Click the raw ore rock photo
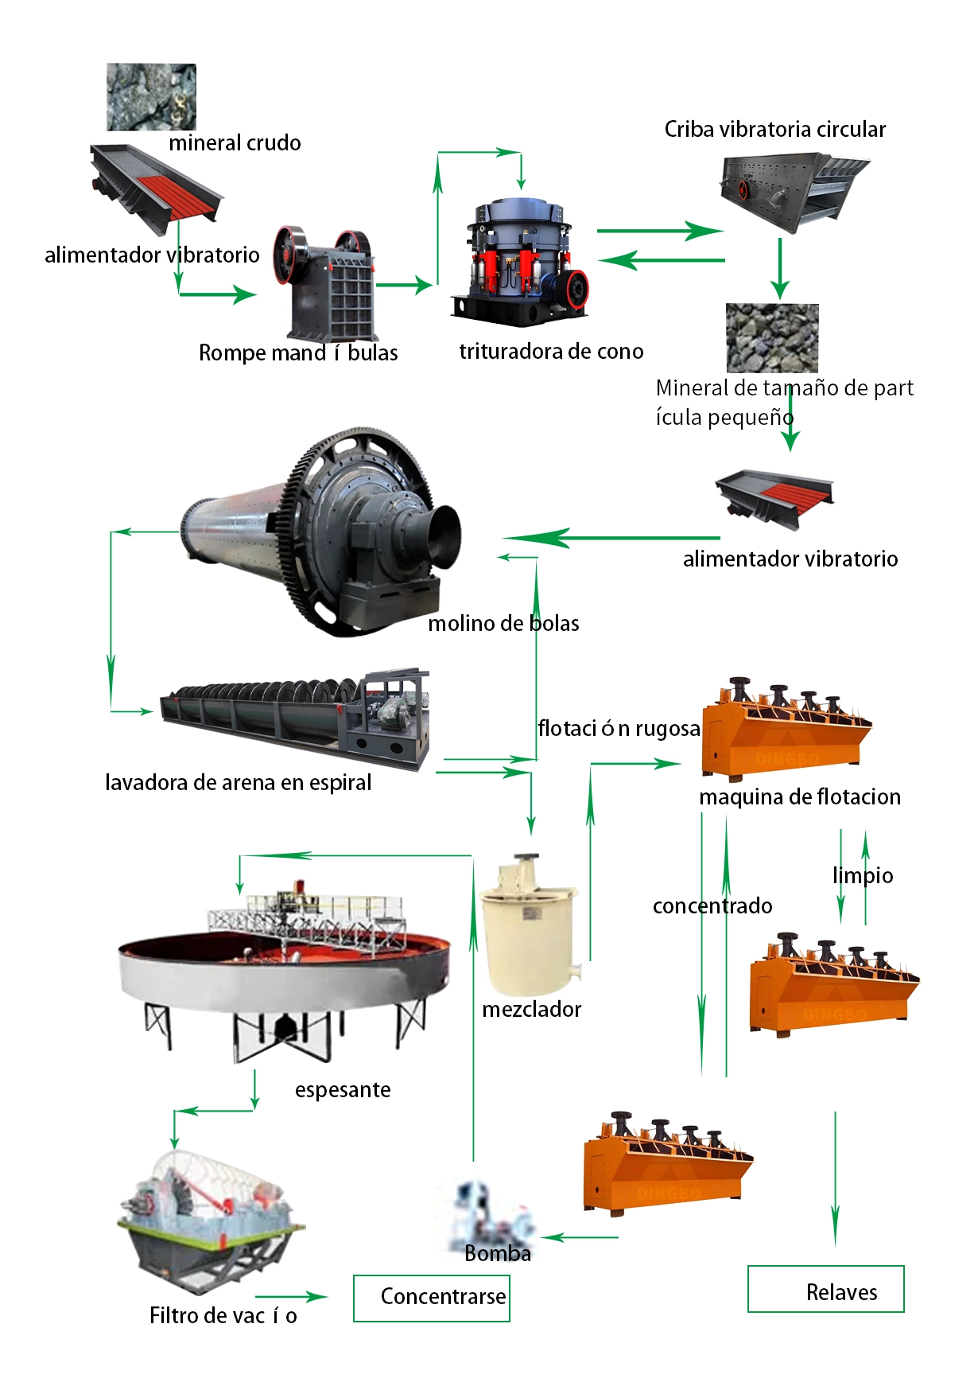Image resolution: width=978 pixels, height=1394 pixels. [151, 97]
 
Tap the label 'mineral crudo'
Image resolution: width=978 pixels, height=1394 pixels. [235, 143]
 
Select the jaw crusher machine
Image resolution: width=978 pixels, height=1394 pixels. [324, 283]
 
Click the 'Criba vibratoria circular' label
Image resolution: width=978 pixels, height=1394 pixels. [775, 129]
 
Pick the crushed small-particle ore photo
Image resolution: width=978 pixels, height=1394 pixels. [772, 338]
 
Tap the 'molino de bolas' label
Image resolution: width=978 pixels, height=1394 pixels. [503, 623]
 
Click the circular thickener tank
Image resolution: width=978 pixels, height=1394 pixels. [285, 972]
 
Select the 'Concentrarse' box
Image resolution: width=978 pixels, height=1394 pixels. [432, 1299]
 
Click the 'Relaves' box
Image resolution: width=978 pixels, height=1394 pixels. [826, 1289]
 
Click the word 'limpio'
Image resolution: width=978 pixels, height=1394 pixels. [863, 875]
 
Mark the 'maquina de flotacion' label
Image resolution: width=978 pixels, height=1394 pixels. [800, 796]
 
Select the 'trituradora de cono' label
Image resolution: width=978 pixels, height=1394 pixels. [551, 351]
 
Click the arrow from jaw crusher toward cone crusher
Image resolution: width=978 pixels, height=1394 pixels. [405, 285]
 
